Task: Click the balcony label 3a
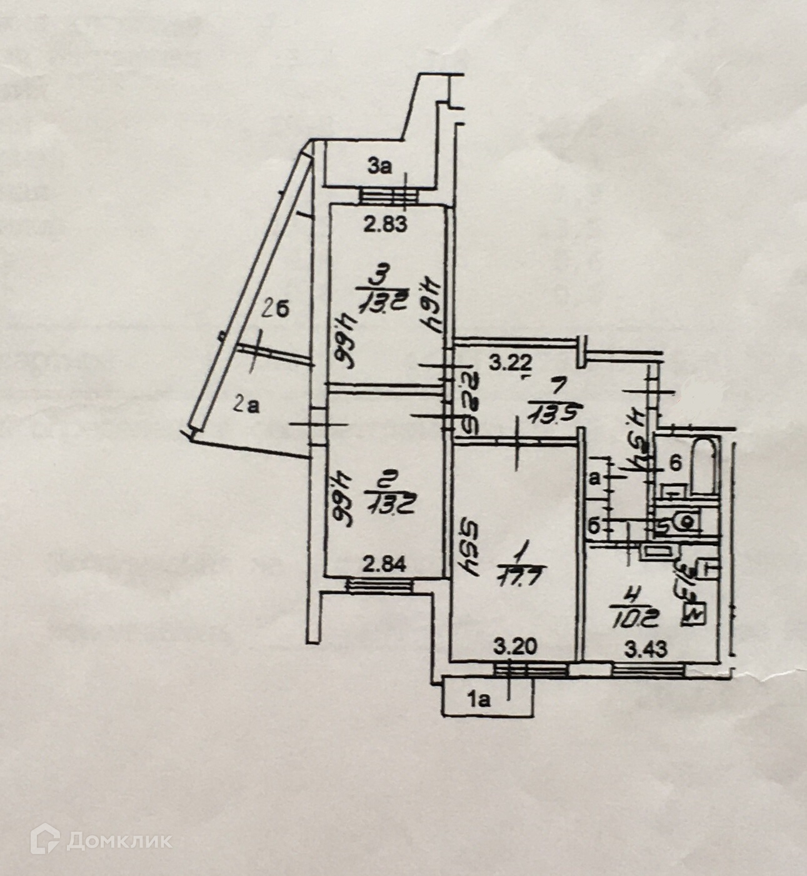tap(379, 166)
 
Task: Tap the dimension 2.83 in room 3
tap(386, 224)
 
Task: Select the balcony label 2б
tap(275, 309)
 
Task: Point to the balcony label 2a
tap(246, 404)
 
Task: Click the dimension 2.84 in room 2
tap(386, 565)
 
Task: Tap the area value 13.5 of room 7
tap(547, 412)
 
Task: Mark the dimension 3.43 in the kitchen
tap(646, 649)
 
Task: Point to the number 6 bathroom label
tap(675, 464)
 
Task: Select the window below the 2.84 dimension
tap(379, 585)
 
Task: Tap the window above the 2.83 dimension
tap(388, 197)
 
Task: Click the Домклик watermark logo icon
tap(45, 839)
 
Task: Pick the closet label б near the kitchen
tap(594, 526)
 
